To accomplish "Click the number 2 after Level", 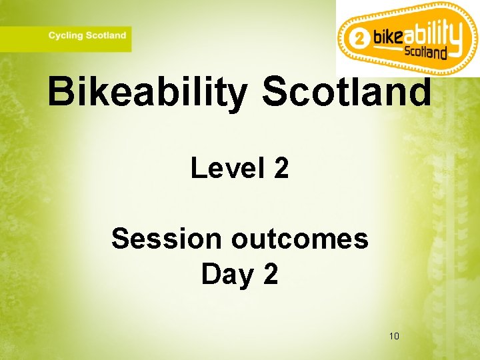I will tap(281, 168).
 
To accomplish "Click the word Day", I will tap(225, 273).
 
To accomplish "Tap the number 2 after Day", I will tap(270, 273).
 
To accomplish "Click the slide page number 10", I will tap(394, 335).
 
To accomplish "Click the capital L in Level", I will tap(198, 168).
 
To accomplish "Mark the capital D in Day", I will tap(209, 273).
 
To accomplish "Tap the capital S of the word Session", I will tap(121, 238).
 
